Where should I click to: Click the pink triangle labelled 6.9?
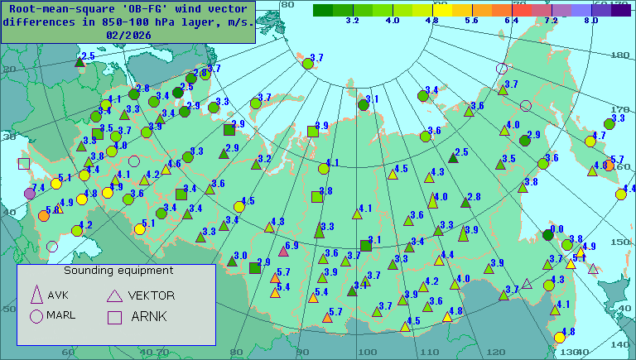point(282,250)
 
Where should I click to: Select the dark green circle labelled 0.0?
point(547,234)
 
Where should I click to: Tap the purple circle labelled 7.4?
point(30,194)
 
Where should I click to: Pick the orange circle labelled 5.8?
point(43,216)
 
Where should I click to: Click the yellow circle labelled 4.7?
point(590,142)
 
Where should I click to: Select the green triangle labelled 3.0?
point(232,261)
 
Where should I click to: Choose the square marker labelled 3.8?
point(316,196)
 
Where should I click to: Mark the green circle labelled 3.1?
point(363,104)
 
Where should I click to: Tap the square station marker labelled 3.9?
point(312,131)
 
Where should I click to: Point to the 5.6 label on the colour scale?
point(471,19)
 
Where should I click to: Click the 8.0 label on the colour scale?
point(590,19)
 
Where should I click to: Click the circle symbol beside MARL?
point(36,315)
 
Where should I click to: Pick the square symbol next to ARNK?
point(115,315)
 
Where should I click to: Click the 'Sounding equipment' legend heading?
point(118,271)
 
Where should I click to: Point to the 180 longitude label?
point(618,55)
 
